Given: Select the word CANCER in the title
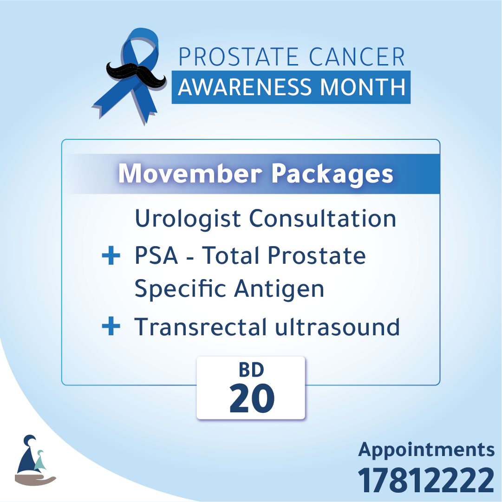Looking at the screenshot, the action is coord(357,57).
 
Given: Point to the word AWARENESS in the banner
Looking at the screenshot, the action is coord(245,87).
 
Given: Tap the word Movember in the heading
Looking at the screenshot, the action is coord(190,174).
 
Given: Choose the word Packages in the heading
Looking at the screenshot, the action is coord(332,175).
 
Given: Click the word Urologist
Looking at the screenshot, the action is coord(188,219).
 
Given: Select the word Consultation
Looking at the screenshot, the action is coord(323,218).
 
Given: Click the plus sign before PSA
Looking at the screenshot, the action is coord(111,255).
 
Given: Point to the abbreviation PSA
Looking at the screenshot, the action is coord(156,255).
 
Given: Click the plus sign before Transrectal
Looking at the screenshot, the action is coord(111,326).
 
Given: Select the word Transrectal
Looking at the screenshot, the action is coord(201,326).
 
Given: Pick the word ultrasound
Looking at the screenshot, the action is coord(338,326).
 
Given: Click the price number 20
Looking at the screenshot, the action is coord(252,398).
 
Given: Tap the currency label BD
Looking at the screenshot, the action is coord(251,370).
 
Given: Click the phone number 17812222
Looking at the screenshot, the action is coord(426,480).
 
